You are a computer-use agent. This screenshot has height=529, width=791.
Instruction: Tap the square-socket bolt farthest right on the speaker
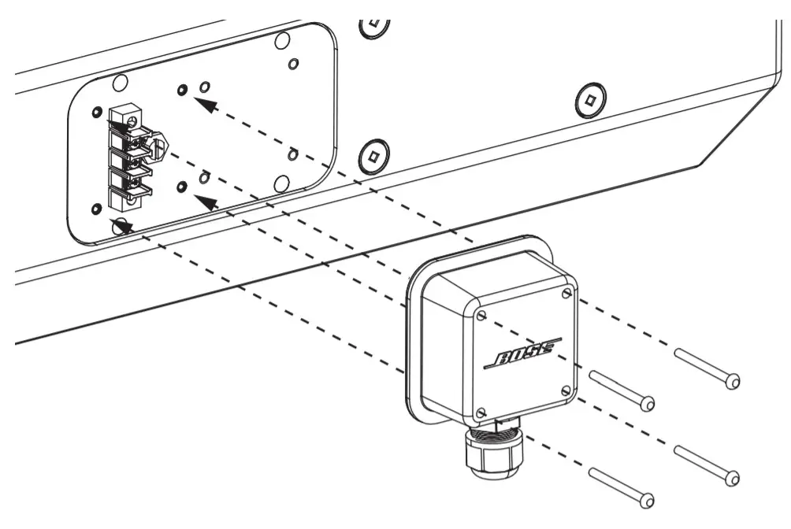589,99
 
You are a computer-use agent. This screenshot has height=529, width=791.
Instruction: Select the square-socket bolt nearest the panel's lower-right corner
373,155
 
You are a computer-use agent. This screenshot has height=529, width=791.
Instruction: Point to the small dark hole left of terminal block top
97,111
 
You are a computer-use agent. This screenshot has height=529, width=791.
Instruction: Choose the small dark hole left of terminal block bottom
96,209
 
